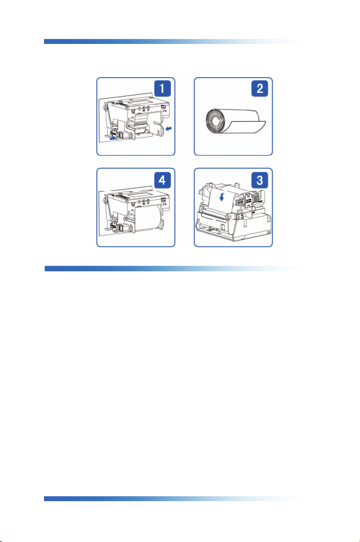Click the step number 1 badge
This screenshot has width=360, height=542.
point(162,88)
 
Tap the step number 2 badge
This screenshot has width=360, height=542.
point(259,88)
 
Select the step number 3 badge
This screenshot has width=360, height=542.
point(259,180)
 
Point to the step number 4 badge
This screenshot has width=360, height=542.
point(162,180)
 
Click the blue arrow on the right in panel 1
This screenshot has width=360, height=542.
point(169,129)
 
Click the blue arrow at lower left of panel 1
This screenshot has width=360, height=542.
point(112,138)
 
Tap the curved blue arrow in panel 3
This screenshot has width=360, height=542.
point(222,197)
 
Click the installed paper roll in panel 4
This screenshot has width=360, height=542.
point(148,219)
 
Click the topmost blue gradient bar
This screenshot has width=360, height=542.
point(175,41)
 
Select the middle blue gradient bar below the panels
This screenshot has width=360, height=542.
point(175,269)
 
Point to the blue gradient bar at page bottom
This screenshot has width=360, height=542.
point(175,499)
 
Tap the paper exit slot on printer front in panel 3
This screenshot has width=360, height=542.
point(214,215)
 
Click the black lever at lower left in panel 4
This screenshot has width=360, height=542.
point(114,227)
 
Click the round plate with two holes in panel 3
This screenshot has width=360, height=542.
point(248,201)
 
